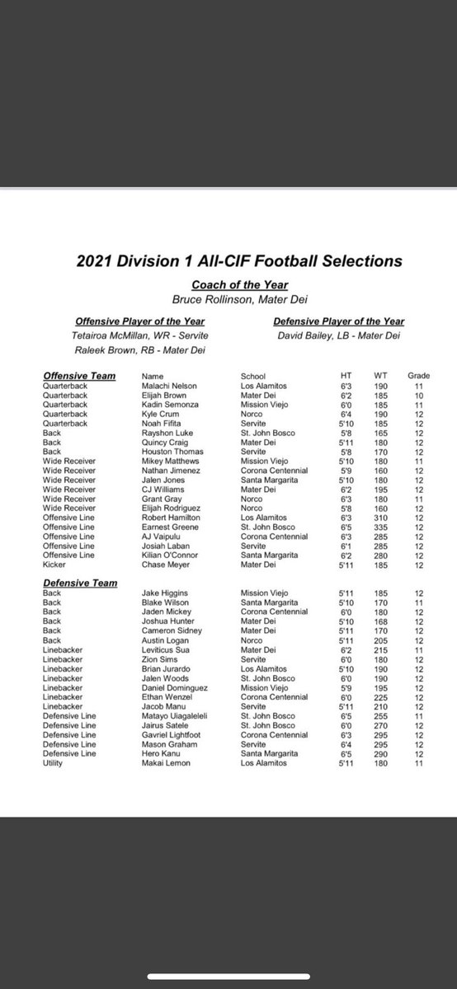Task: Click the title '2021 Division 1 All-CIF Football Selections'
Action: pyautogui.click(x=229, y=261)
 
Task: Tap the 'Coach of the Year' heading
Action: pyautogui.click(x=228, y=284)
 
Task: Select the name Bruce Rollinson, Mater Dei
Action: pyautogui.click(x=228, y=300)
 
